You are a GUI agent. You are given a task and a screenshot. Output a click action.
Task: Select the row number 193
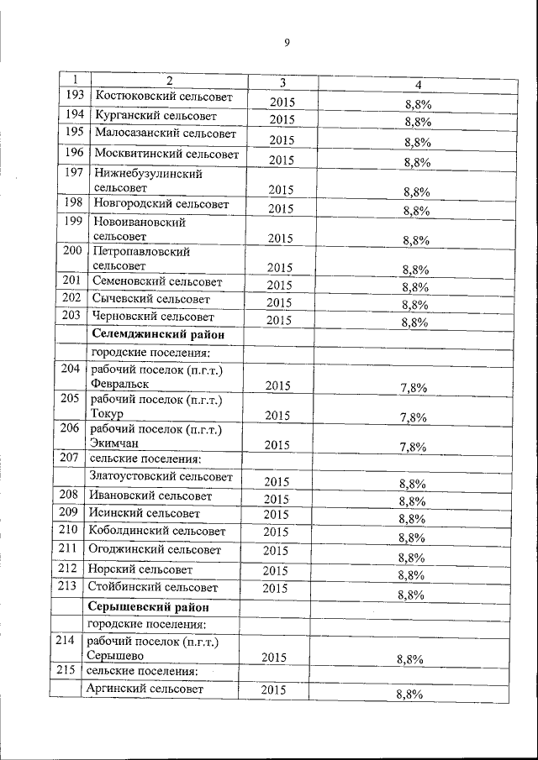click(74, 96)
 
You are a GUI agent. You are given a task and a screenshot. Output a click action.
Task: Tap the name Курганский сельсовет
click(156, 115)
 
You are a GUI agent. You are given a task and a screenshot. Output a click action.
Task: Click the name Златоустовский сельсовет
click(161, 477)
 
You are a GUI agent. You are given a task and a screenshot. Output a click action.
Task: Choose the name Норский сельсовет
click(140, 569)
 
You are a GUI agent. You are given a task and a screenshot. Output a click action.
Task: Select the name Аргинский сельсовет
click(146, 689)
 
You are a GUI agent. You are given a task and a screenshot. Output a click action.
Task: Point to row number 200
click(72, 250)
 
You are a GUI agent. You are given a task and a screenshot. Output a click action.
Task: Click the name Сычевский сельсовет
click(151, 299)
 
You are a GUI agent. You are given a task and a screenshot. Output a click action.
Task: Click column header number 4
click(418, 84)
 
